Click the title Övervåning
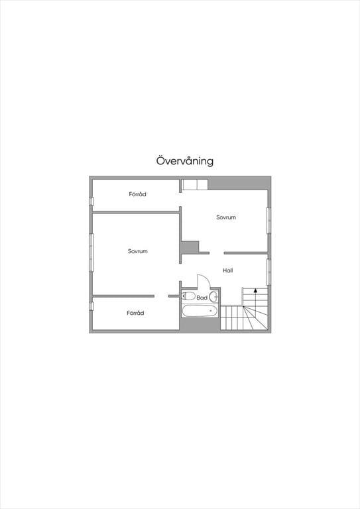coord(185,161)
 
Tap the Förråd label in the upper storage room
coord(137,194)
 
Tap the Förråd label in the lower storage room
coord(135,313)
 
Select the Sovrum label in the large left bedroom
coord(138,251)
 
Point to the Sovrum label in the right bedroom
coord(226,217)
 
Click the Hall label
coord(228,270)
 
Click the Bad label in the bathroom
coord(202,298)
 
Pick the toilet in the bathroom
coord(188,296)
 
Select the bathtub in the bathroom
coord(200,311)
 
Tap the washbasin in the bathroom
coord(213,296)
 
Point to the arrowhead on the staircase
coord(255,290)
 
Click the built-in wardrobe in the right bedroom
coord(194,185)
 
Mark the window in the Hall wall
coord(269,272)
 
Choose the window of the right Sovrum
coord(269,220)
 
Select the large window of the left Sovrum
coord(91,253)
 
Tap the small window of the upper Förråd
coord(91,201)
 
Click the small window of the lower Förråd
coord(91,306)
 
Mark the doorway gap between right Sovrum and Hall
coord(217,253)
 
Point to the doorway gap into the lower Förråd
coord(161,296)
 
